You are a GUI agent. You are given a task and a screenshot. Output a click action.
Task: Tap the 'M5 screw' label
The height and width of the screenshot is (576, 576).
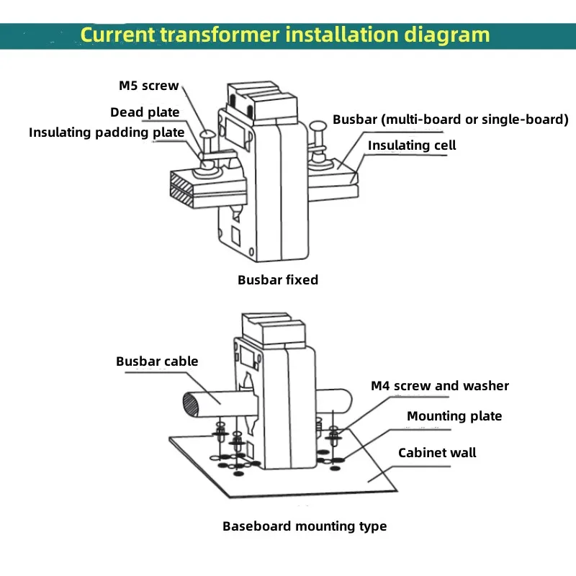[149, 86]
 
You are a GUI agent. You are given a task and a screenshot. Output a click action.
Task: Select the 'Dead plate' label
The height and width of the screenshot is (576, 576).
[145, 112]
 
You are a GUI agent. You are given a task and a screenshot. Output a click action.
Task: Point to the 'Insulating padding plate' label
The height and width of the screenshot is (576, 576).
[107, 132]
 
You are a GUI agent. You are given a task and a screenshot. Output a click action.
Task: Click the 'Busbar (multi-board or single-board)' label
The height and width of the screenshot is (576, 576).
[451, 120]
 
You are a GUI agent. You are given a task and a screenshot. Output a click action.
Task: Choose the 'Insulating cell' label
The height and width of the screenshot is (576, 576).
[412, 145]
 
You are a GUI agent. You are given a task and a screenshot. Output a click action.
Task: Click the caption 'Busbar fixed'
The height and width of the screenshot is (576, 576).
[278, 279]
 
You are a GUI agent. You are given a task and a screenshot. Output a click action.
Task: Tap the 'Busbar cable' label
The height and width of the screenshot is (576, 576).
[157, 361]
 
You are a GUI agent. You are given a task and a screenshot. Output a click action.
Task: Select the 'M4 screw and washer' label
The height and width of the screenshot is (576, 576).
[440, 386]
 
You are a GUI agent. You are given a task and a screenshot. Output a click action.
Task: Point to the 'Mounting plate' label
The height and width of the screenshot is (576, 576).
[454, 416]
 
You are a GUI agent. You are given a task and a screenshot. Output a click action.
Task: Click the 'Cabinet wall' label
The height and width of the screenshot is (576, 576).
[437, 453]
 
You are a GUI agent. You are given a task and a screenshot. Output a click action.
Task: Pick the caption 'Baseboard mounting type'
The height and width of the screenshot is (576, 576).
[305, 526]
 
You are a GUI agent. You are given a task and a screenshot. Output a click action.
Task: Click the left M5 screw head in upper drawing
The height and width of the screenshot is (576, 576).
[207, 134]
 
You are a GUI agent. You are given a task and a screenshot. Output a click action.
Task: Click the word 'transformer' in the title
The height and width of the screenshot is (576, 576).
[235, 35]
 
